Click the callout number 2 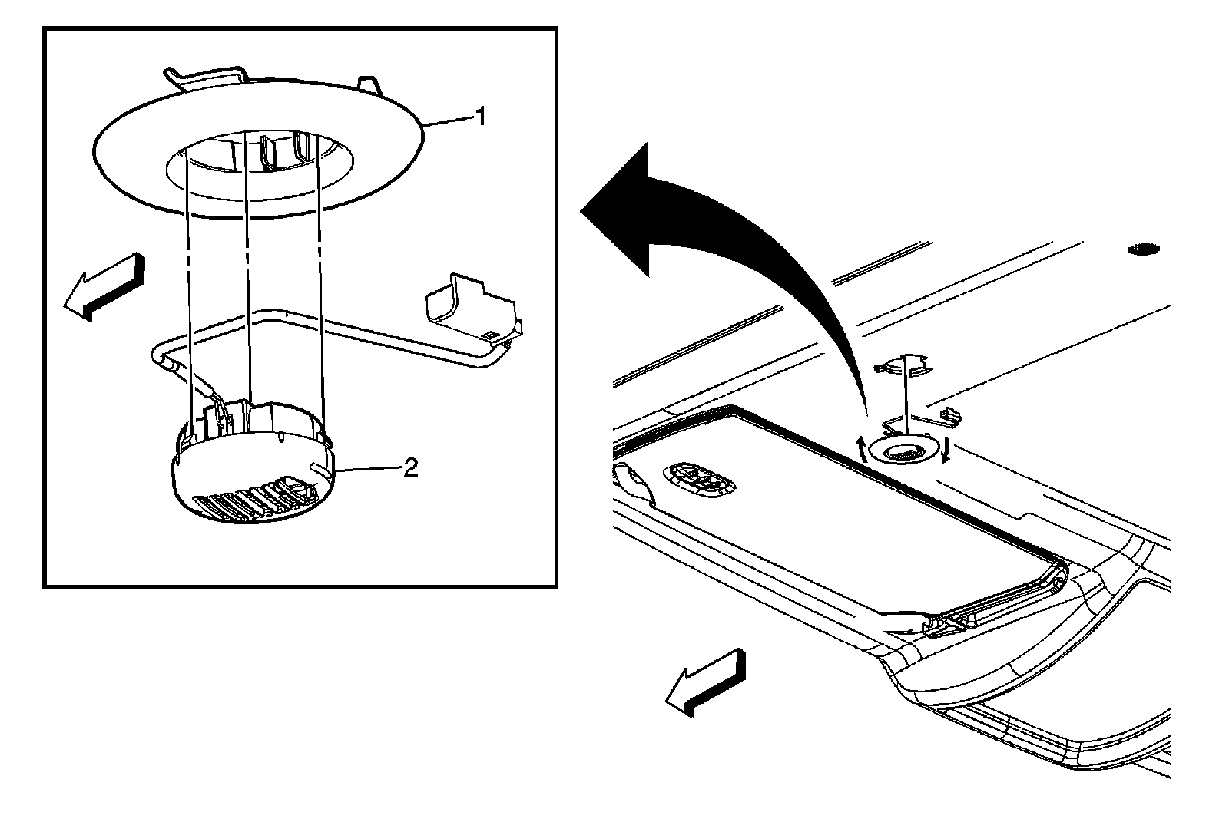pyautogui.click(x=411, y=467)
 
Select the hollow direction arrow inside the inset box pyautogui.click(x=102, y=286)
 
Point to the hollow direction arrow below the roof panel pyautogui.click(x=704, y=682)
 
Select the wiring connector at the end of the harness pyautogui.click(x=470, y=309)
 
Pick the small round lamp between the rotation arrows pyautogui.click(x=906, y=454)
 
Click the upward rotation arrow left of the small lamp pyautogui.click(x=863, y=448)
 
